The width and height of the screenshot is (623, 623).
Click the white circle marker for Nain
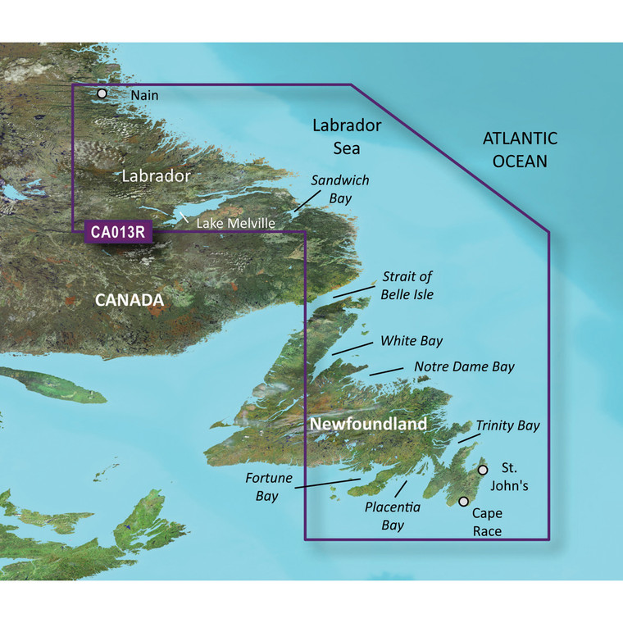pos(102,94)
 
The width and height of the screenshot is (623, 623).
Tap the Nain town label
pos(145,95)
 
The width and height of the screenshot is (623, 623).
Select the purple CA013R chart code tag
pos(118,232)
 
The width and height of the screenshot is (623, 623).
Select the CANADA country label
pos(130,301)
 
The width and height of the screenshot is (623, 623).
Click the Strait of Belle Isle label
pos(407,285)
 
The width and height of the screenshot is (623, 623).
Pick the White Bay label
pos(408,339)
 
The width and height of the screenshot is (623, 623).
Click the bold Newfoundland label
pos(368,424)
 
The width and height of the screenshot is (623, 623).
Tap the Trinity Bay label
pos(507,425)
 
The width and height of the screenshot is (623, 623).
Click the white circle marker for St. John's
pos(483,470)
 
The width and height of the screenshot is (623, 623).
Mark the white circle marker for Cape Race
pos(464,501)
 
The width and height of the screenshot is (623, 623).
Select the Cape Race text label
pos(486,522)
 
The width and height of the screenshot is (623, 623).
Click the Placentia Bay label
pos(393,516)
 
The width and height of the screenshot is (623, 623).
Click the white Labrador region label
pos(156,176)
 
